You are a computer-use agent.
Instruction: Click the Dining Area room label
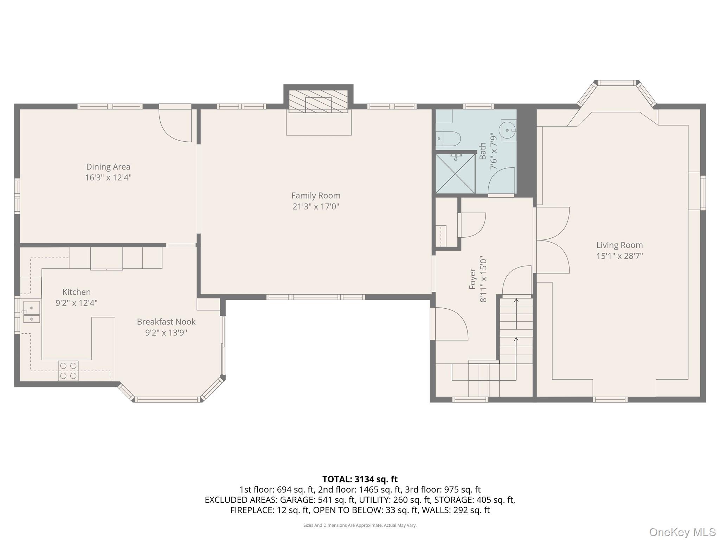click(108, 167)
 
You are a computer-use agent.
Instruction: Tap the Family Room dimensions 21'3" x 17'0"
click(315, 206)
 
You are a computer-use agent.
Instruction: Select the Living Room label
click(619, 245)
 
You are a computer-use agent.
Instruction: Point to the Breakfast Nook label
click(166, 322)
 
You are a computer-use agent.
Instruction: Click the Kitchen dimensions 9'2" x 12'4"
click(76, 303)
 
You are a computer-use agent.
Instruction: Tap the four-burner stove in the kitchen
click(68, 371)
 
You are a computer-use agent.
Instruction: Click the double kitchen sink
click(32, 312)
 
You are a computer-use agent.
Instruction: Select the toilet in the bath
click(449, 139)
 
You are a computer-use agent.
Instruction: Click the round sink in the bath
click(508, 130)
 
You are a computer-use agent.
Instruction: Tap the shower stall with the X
click(455, 174)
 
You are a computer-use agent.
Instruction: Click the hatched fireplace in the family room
click(318, 101)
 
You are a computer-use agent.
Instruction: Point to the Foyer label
click(473, 279)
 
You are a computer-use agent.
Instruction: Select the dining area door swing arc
click(175, 126)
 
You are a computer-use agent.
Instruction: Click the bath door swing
click(502, 181)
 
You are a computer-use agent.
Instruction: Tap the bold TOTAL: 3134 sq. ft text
click(360, 479)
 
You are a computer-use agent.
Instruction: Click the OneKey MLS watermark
click(682, 532)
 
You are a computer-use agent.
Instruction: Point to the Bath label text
click(483, 151)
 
